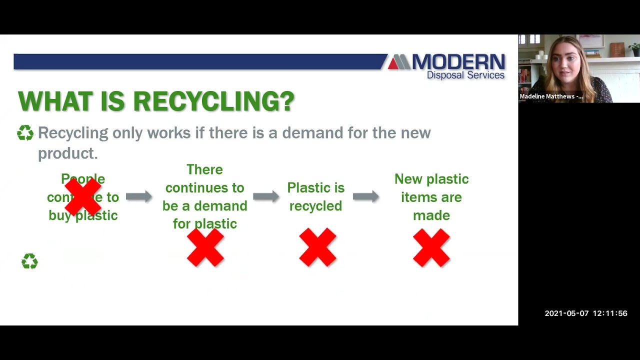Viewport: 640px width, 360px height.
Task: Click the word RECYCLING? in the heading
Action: coord(213,101)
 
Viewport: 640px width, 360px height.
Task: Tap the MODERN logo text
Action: coord(458,62)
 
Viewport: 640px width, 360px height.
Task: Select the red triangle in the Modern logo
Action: coord(393,63)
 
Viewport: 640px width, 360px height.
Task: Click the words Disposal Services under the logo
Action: coord(465,75)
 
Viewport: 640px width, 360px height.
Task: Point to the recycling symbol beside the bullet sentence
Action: coord(25,133)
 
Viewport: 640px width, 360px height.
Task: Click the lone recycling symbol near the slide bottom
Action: coord(29,261)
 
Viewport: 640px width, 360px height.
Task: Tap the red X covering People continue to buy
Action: coord(83,197)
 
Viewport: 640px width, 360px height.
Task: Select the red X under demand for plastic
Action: coord(205,247)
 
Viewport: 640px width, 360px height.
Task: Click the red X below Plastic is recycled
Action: coord(317,247)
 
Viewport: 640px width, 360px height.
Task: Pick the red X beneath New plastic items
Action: coord(431,247)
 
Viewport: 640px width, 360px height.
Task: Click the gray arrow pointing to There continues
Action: coord(138,196)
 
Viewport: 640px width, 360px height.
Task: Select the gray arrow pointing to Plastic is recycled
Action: coord(265,196)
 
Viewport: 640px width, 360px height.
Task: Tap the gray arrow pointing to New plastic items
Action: coord(365,196)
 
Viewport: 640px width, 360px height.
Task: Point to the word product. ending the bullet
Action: coord(67,153)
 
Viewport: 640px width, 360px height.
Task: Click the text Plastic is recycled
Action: coord(315,196)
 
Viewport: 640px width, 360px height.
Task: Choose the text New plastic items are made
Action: coord(431,197)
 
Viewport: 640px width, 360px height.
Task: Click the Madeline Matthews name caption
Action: coord(550,96)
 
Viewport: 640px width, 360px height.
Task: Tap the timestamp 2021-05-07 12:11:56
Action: coord(585,313)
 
